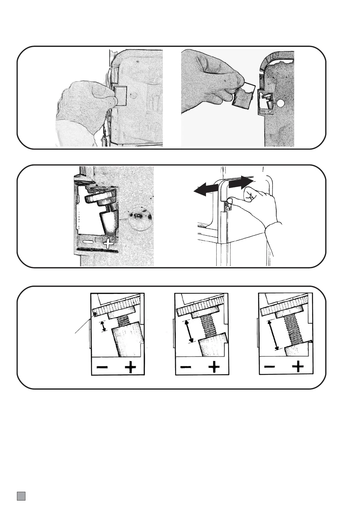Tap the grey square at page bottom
[x=21, y=496]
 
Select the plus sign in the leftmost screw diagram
[x=130, y=367]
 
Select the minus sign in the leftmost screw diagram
[x=102, y=367]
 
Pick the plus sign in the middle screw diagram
[x=214, y=367]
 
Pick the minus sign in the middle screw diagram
[x=186, y=367]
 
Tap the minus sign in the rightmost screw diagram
[x=269, y=367]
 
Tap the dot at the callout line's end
[x=95, y=314]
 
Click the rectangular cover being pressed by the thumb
[x=120, y=96]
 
